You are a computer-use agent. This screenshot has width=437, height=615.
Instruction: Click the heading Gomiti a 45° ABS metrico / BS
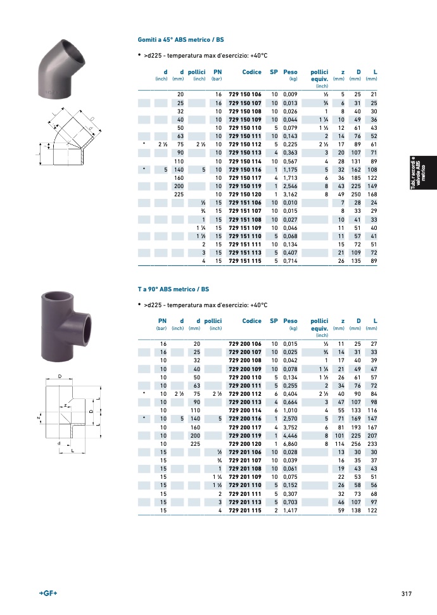click(x=181, y=40)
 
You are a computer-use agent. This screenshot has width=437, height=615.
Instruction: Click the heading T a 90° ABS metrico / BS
click(x=174, y=289)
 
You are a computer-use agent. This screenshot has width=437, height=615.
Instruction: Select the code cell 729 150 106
click(x=244, y=94)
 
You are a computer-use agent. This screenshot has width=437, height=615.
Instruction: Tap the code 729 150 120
click(x=244, y=194)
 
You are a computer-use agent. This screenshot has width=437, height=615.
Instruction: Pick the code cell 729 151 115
click(x=244, y=261)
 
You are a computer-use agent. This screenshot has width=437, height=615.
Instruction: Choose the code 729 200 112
click(x=244, y=394)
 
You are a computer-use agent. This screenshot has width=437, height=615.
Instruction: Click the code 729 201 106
click(x=244, y=452)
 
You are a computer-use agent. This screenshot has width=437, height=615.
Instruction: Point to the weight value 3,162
click(x=290, y=194)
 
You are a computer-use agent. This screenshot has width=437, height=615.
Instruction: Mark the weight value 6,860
click(x=290, y=444)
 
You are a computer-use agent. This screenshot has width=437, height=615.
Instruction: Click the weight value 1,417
click(x=290, y=510)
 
